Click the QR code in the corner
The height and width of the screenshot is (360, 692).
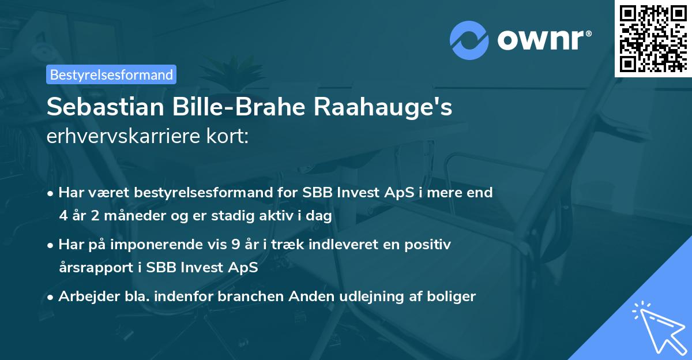[x=653, y=38]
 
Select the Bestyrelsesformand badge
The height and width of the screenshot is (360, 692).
[x=111, y=74]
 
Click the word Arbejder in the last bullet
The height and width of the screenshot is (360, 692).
[x=84, y=297]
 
